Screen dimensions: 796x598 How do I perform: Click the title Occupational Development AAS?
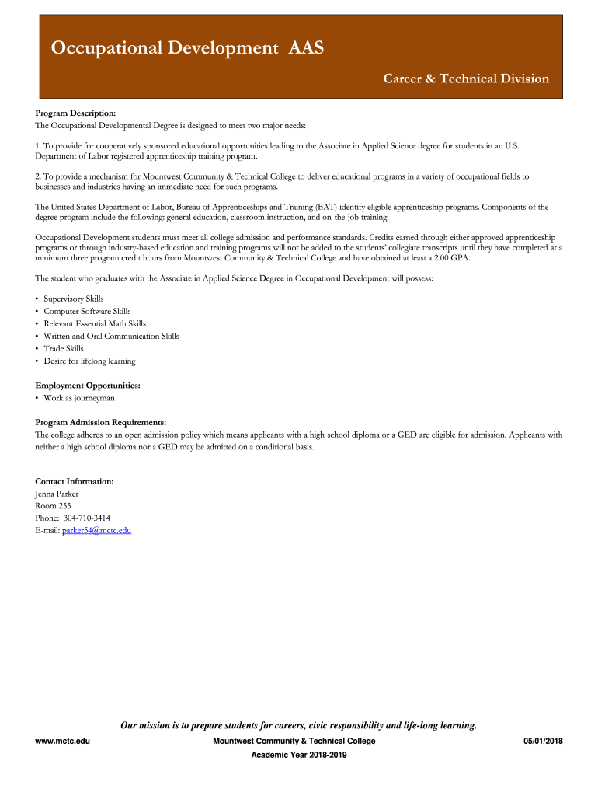click(187, 49)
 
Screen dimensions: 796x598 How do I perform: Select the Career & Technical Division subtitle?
click(466, 79)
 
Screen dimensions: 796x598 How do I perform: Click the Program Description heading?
click(75, 113)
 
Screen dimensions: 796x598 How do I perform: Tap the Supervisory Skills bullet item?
click(73, 298)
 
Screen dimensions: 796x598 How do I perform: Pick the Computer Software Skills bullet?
click(87, 311)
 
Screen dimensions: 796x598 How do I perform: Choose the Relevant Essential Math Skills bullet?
click(94, 323)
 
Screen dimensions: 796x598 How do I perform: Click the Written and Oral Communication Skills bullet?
click(111, 336)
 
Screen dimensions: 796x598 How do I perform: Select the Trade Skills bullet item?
click(64, 348)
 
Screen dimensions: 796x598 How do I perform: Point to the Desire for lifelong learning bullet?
click(89, 361)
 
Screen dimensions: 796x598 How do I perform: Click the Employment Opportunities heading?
click(88, 385)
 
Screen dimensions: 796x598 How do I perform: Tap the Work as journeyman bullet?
click(78, 397)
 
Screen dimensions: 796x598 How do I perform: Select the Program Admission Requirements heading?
click(101, 422)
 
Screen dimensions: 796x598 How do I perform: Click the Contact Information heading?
click(75, 481)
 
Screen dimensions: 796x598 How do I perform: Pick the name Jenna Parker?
click(57, 494)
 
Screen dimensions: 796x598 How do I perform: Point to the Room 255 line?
click(53, 505)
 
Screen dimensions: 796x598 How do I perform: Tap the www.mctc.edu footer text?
click(63, 741)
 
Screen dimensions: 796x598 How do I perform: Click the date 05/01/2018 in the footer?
click(543, 741)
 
